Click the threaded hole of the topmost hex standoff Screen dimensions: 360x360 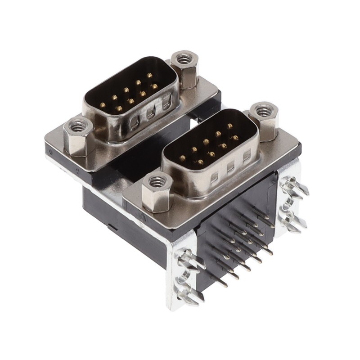point(183,58)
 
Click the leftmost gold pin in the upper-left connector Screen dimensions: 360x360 point(103,105)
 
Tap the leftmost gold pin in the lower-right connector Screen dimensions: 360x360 point(183,158)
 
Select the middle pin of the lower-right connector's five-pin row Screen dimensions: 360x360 point(206,142)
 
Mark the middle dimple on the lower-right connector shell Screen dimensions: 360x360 point(231,166)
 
